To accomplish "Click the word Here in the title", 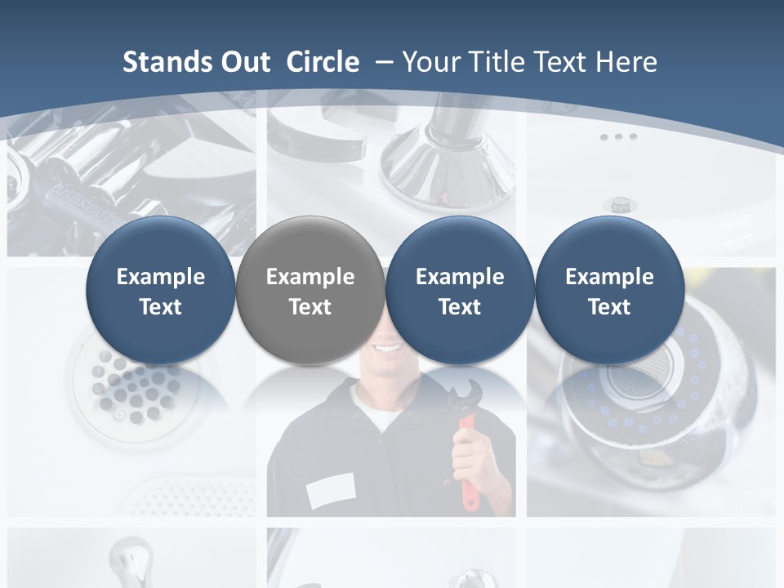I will pyautogui.click(x=626, y=62).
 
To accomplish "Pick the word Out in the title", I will pyautogui.click(x=246, y=62).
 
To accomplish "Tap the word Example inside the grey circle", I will pyautogui.click(x=310, y=277).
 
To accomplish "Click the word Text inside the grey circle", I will pyautogui.click(x=310, y=307).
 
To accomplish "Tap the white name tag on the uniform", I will pyautogui.click(x=330, y=491).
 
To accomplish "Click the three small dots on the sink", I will pyautogui.click(x=618, y=136).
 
